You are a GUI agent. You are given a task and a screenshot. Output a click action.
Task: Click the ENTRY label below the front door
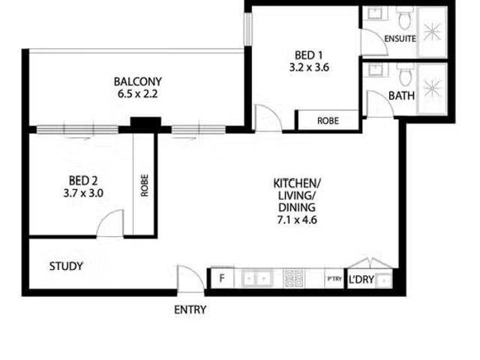pyautogui.click(x=190, y=310)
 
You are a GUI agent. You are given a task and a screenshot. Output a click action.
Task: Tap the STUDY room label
pyautogui.click(x=66, y=266)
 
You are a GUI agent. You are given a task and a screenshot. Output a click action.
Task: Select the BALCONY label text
pyautogui.click(x=138, y=82)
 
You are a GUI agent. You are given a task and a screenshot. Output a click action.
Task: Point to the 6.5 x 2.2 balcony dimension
pyautogui.click(x=138, y=94)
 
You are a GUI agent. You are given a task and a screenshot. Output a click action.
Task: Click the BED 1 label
pyautogui.click(x=308, y=55)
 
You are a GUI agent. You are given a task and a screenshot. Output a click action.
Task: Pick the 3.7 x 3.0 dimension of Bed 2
pyautogui.click(x=83, y=193)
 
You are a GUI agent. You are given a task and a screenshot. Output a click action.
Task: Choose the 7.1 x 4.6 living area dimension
pyautogui.click(x=297, y=220)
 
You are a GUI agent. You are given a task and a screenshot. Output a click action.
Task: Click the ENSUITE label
pyautogui.click(x=400, y=39)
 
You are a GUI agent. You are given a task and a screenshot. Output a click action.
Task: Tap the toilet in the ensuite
pyautogui.click(x=405, y=17)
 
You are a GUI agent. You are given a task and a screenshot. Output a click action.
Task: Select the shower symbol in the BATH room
pyautogui.click(x=432, y=88)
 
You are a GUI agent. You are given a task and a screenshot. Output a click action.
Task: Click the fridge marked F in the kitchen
pyautogui.click(x=222, y=278)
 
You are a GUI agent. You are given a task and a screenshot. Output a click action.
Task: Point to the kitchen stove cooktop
pyautogui.click(x=294, y=278)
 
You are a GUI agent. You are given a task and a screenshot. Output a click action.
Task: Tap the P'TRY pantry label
pyautogui.click(x=334, y=278)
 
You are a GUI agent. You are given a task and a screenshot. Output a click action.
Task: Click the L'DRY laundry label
pyautogui.click(x=361, y=279)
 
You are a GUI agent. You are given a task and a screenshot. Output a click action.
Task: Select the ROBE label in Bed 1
pyautogui.click(x=328, y=121)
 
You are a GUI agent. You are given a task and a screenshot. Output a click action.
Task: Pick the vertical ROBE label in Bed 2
pyautogui.click(x=145, y=185)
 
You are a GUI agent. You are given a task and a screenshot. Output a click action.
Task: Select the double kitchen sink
pyautogui.click(x=257, y=278)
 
